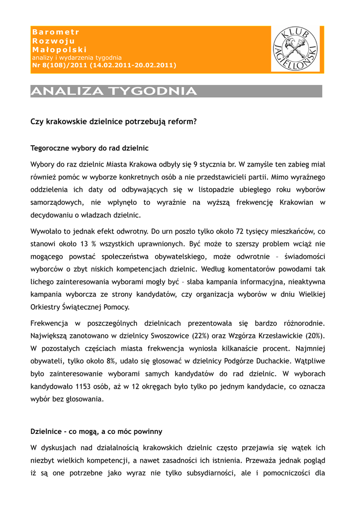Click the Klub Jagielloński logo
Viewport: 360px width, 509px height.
[x=295, y=50]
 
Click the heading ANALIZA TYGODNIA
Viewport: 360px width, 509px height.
[x=114, y=91]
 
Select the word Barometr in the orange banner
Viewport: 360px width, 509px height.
[x=56, y=32]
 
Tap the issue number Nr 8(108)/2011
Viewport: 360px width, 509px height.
[x=59, y=65]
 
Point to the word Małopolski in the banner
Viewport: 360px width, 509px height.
[x=59, y=50]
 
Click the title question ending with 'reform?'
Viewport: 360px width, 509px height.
[x=114, y=121]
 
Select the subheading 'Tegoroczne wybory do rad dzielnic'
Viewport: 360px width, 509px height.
[x=90, y=148]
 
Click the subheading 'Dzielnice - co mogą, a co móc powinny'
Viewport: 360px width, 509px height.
[x=96, y=431]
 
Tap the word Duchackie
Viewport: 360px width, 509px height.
[x=271, y=360]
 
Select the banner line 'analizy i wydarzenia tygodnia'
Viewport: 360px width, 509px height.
[x=77, y=58]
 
